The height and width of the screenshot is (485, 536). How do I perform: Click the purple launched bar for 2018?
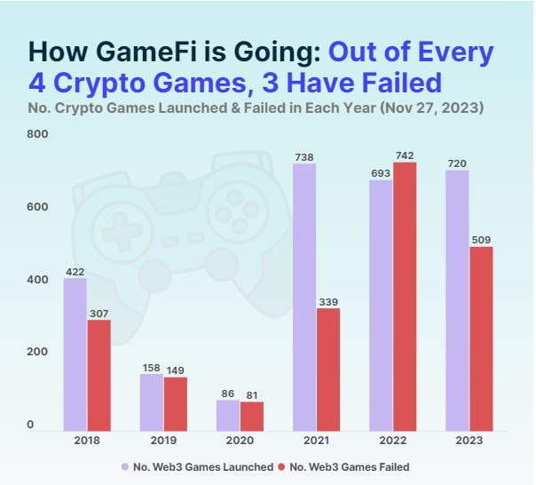(x=75, y=354)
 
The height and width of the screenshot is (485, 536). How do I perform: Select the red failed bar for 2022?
(x=405, y=297)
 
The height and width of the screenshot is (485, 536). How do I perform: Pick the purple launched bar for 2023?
(x=457, y=300)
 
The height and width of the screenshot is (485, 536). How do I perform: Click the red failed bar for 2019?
(x=176, y=404)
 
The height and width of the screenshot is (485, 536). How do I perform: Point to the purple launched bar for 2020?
(x=228, y=415)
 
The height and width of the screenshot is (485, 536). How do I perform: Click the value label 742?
(x=405, y=155)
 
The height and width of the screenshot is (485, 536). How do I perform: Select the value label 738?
(x=304, y=157)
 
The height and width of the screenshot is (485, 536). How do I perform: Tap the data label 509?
(x=481, y=240)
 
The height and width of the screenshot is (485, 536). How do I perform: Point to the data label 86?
(x=228, y=394)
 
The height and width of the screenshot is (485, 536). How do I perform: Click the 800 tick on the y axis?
(x=37, y=134)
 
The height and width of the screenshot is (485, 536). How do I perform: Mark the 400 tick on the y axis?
(x=37, y=280)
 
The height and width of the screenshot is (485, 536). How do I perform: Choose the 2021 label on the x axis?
(x=316, y=441)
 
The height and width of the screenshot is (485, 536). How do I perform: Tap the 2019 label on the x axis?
(x=163, y=441)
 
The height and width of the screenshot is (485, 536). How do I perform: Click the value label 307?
(x=99, y=313)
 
